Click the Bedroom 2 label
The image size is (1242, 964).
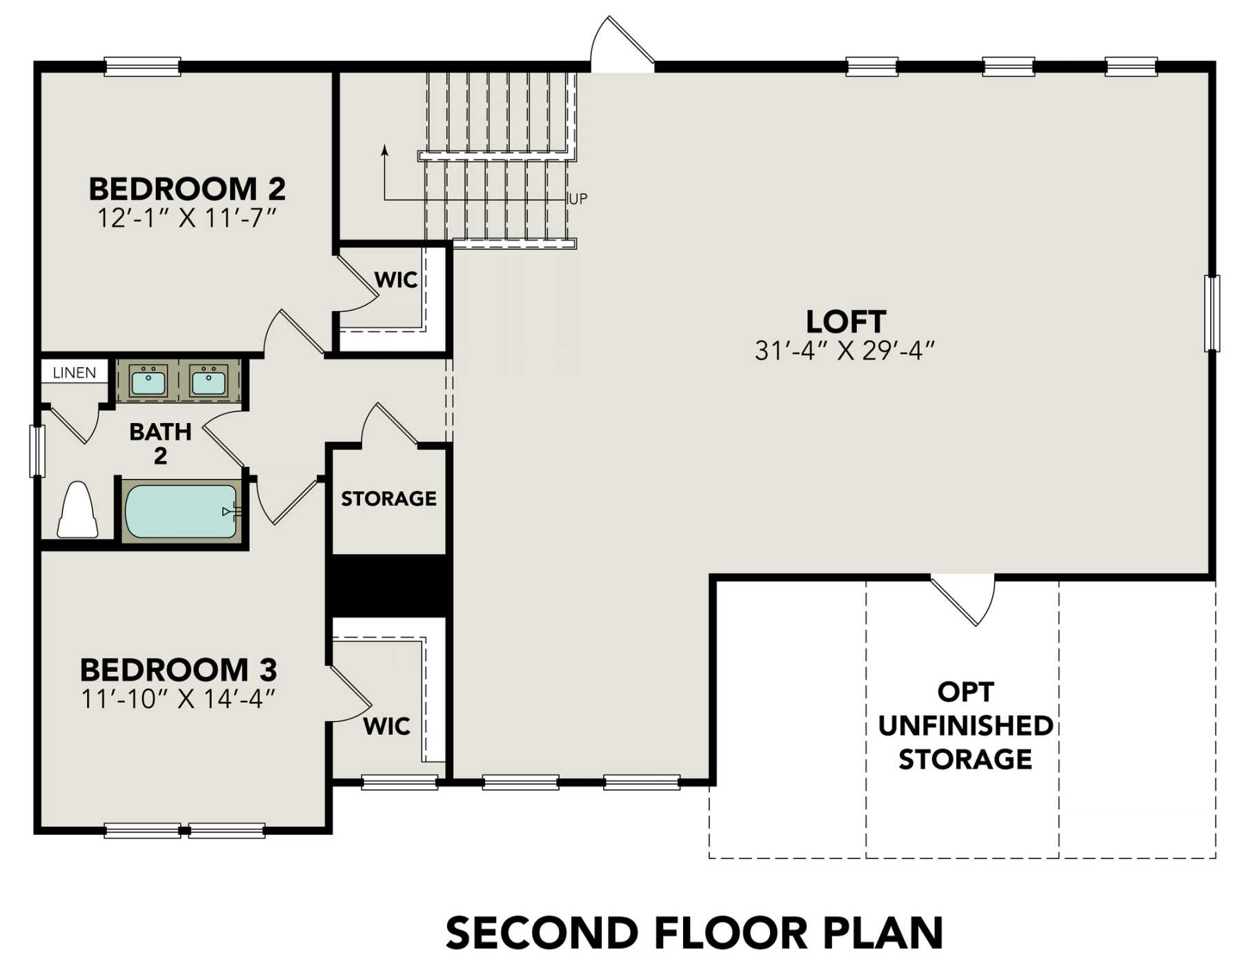[187, 188]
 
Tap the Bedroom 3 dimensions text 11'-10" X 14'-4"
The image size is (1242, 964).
[178, 699]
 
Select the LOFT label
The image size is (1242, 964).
[846, 322]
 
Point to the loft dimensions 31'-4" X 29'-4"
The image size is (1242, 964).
[845, 351]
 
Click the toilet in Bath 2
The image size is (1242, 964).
[77, 509]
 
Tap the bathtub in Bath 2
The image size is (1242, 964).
[181, 511]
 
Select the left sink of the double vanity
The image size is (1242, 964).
[148, 380]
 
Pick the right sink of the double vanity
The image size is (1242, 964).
[208, 380]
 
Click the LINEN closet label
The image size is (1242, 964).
[75, 373]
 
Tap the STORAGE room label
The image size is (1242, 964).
[388, 498]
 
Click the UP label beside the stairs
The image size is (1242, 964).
[578, 199]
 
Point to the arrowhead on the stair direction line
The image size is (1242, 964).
[384, 150]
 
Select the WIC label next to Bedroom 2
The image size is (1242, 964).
[396, 279]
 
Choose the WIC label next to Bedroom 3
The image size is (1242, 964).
[386, 726]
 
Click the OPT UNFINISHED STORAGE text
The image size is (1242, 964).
[965, 725]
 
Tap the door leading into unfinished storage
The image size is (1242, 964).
[963, 600]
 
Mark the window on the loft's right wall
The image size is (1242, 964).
[1212, 313]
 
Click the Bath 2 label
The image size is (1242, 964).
[160, 443]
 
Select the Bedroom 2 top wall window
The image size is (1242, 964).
[142, 66]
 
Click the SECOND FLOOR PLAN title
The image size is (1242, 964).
[694, 933]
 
